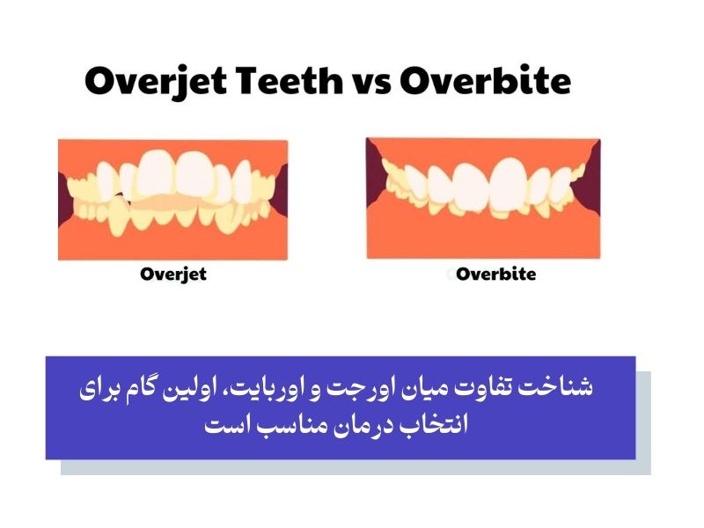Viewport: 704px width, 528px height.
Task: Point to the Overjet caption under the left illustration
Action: [173, 274]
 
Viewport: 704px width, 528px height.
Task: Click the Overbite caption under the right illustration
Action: [495, 274]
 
